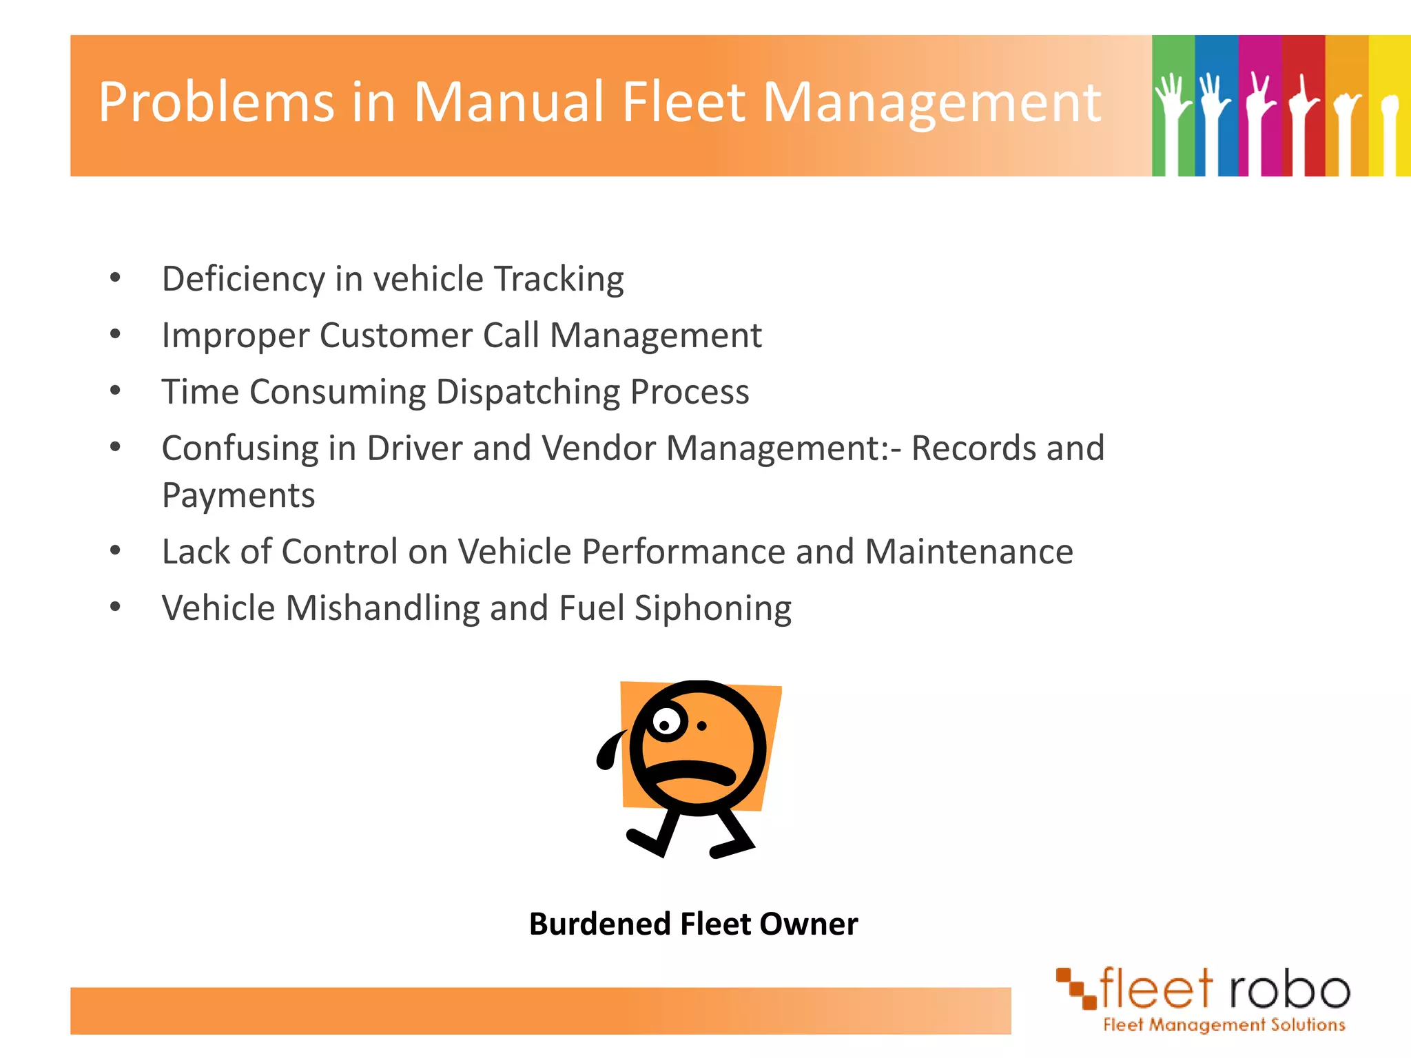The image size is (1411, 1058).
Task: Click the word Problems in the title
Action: point(216,103)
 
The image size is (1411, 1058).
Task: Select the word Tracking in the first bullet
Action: point(559,279)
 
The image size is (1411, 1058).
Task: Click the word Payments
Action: point(238,495)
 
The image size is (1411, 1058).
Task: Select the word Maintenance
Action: point(969,552)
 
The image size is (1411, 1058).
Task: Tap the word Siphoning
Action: point(712,608)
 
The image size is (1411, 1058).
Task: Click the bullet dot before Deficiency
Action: point(115,278)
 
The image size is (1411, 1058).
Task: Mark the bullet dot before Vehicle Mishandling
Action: point(115,608)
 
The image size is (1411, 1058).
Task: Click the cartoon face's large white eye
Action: point(666,723)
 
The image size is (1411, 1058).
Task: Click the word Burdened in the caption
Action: point(599,924)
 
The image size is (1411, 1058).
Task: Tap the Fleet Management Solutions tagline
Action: point(1224,1025)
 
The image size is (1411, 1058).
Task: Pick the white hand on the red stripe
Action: point(1301,117)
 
